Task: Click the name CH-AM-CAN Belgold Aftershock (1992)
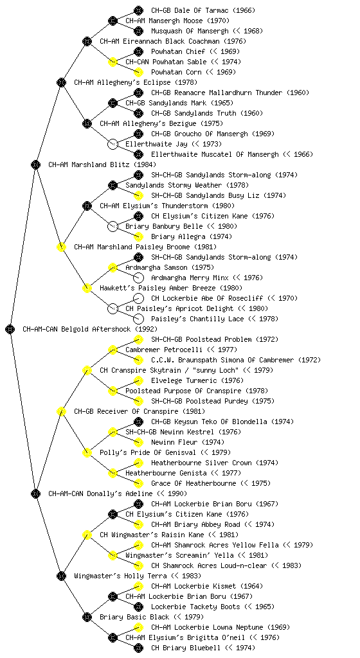[90, 329]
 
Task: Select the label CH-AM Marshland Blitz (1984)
[102, 164]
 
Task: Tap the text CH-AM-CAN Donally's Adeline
[100, 493]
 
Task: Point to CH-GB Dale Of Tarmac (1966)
[203, 10]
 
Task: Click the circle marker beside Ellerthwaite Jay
[113, 144]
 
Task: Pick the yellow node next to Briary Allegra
[138, 236]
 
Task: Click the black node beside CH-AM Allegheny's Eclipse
[61, 82]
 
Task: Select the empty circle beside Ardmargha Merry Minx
[138, 278]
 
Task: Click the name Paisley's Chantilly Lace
[197, 319]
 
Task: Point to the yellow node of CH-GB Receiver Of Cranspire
[61, 411]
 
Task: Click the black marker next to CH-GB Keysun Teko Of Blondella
[138, 422]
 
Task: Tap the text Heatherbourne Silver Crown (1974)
[215, 463]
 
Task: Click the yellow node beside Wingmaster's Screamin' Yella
[113, 555]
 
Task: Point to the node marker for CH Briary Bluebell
[138, 648]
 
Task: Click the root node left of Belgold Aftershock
[10, 329]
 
